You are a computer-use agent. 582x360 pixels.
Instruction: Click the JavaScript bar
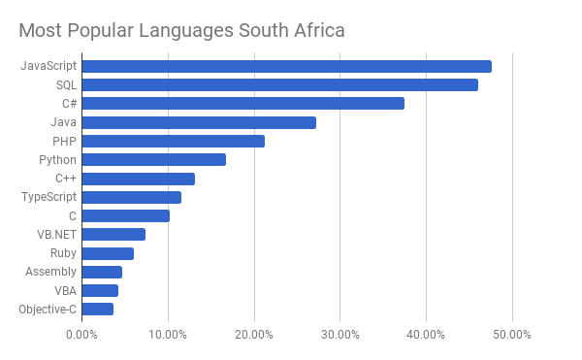click(287, 66)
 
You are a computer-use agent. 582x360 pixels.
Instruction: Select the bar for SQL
click(280, 85)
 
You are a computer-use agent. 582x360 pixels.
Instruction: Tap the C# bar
click(243, 104)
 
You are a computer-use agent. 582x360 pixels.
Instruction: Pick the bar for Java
click(199, 122)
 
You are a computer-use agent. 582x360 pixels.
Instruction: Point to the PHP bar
click(174, 141)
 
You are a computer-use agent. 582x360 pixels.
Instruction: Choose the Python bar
click(154, 159)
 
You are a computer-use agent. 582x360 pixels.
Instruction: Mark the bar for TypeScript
click(132, 197)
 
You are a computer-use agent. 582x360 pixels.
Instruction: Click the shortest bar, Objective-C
click(98, 310)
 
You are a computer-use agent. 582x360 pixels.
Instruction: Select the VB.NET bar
click(113, 235)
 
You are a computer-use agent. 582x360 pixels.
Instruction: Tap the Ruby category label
click(63, 253)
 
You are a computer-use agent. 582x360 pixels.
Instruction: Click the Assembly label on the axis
click(50, 272)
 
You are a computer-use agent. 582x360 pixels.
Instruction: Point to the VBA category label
click(66, 290)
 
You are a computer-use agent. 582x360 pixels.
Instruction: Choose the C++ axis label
click(66, 179)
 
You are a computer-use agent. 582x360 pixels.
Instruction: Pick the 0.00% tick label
click(81, 335)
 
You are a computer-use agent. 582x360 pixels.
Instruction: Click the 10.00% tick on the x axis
click(168, 335)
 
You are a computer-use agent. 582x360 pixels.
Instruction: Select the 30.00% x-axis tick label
click(340, 335)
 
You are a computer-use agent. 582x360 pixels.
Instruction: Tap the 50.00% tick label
click(512, 335)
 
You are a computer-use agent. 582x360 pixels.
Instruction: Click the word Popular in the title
click(100, 30)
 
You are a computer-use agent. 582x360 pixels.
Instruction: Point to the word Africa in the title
click(319, 30)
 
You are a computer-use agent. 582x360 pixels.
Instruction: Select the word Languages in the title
click(186, 31)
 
